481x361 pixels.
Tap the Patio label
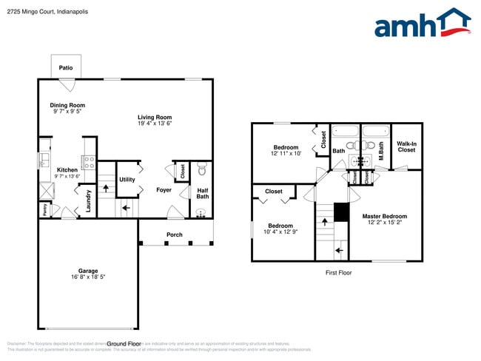[66, 68]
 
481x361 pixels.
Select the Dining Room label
[67, 105]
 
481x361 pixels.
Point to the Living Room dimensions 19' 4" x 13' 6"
[155, 124]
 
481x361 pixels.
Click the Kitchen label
[67, 170]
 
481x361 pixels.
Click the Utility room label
[127, 180]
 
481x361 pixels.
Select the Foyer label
[164, 190]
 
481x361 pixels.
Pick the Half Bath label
[202, 193]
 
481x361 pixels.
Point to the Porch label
[174, 235]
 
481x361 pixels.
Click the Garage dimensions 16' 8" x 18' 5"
[88, 277]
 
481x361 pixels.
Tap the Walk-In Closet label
[406, 147]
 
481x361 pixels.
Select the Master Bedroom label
[384, 217]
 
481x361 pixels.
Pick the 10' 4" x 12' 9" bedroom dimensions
[280, 232]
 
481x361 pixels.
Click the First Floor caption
[338, 273]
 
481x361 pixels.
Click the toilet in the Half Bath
[201, 171]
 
